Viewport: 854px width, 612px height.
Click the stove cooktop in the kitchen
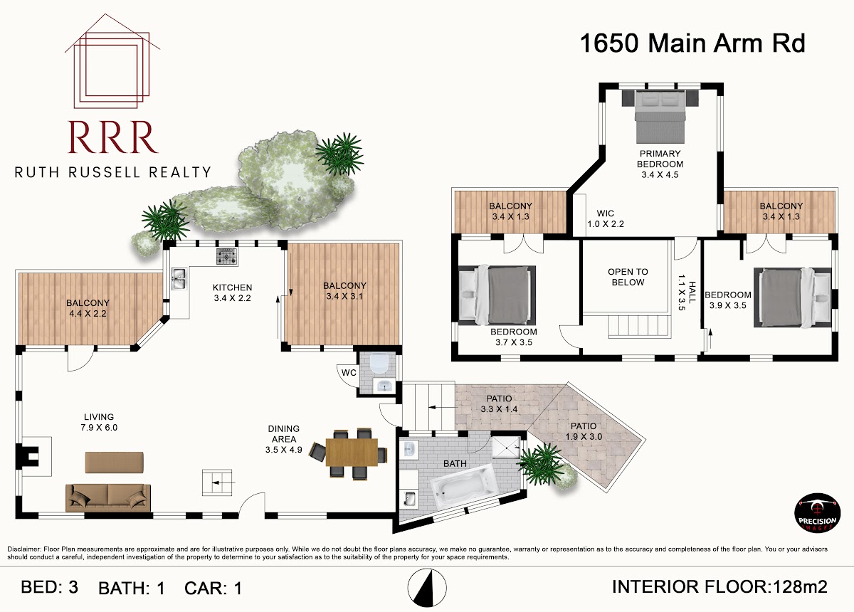click(x=227, y=256)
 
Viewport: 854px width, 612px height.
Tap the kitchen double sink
click(x=179, y=279)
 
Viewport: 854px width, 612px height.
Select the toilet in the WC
click(x=379, y=364)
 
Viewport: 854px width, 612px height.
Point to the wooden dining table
click(x=352, y=452)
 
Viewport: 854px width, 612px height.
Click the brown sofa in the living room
click(x=108, y=497)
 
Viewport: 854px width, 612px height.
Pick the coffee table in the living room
click(x=114, y=462)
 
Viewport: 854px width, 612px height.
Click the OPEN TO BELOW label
click(x=628, y=277)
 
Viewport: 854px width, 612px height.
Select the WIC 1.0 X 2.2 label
click(x=606, y=218)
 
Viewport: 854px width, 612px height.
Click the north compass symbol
click(x=426, y=588)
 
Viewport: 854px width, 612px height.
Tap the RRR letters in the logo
click(x=113, y=137)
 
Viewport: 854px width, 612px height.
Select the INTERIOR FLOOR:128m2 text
click(x=719, y=587)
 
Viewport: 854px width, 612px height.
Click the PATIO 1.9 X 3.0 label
click(x=584, y=431)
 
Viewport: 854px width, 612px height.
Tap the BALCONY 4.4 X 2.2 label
click(x=88, y=308)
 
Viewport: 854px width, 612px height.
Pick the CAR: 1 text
click(x=213, y=589)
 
